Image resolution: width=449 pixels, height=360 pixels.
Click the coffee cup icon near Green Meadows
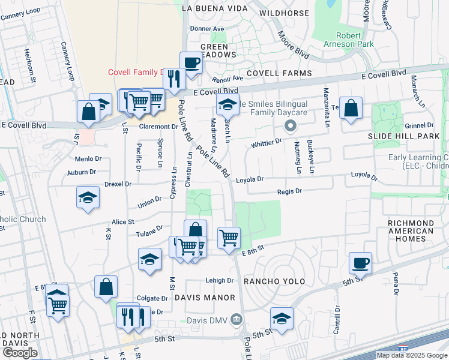[x=191, y=63]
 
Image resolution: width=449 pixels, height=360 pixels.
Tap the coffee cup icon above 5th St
[x=360, y=263]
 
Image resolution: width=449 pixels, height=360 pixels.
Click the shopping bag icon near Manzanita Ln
[x=351, y=109]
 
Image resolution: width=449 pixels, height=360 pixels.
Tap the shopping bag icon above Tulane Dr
[x=195, y=231]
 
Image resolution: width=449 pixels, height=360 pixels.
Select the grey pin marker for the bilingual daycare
[x=291, y=126]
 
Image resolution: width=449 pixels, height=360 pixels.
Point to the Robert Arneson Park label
[x=349, y=40]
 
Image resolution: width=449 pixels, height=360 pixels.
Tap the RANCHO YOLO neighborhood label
[x=274, y=281]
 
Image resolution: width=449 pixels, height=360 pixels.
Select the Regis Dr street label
[x=289, y=191]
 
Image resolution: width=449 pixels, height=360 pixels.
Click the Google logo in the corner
[x=20, y=352]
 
